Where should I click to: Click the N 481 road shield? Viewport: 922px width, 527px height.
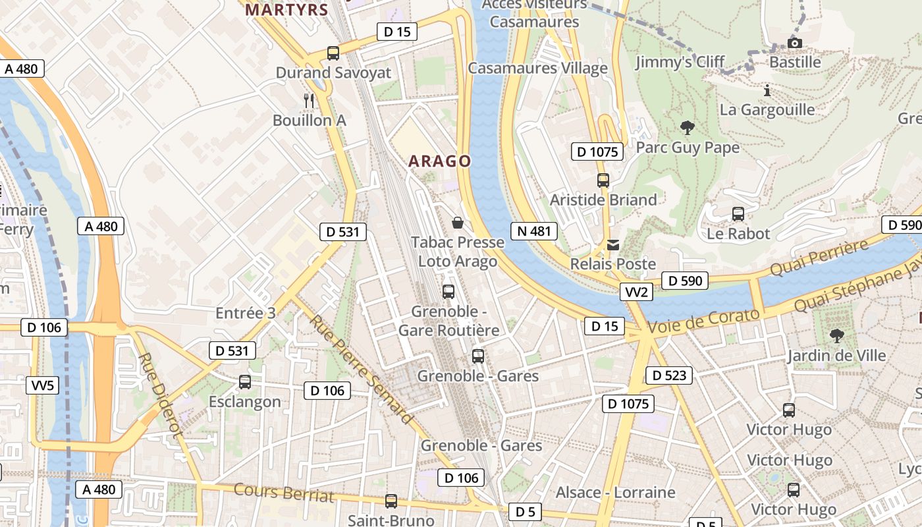(533, 231)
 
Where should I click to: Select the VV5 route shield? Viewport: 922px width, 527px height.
(43, 385)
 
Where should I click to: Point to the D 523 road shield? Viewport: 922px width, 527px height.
(669, 375)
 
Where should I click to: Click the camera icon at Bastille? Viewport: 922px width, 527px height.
(795, 43)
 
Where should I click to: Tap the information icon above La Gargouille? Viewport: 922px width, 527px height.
(767, 90)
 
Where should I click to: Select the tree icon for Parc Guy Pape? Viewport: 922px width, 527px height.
(687, 127)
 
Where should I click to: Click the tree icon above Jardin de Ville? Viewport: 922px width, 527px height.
(836, 336)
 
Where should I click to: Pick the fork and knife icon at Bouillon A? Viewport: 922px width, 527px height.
(309, 100)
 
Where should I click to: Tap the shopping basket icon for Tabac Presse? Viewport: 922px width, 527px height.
(458, 223)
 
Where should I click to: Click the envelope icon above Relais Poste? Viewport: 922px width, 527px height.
(613, 245)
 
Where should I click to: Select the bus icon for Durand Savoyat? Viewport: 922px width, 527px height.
(333, 53)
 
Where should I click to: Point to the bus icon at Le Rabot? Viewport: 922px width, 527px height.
(738, 214)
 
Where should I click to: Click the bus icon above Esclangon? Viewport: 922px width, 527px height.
(245, 381)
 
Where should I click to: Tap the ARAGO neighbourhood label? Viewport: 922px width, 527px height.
(439, 161)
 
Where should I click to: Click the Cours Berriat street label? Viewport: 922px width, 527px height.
(284, 493)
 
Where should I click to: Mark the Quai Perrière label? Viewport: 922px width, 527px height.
(819, 258)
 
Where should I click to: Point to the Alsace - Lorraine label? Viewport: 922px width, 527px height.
(615, 493)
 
